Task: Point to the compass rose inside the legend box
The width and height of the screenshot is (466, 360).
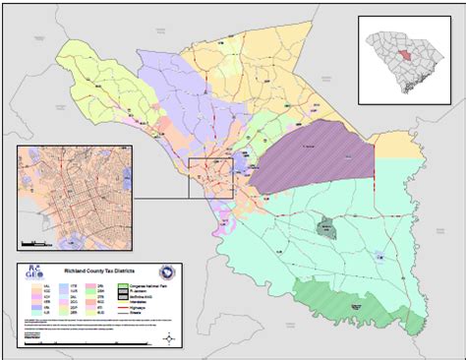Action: (x=171, y=338)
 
